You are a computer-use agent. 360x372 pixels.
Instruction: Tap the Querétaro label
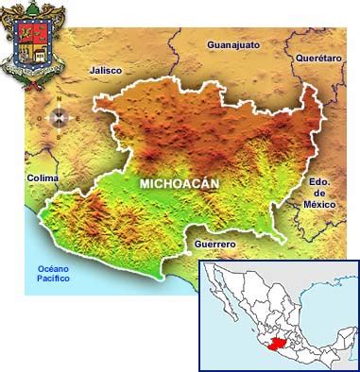318,58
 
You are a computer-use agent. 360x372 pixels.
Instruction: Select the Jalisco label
105,70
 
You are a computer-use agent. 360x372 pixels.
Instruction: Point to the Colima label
43,178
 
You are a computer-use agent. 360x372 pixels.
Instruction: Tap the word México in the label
320,203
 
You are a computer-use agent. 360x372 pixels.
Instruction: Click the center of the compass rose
58,118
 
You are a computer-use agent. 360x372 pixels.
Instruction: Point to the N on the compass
58,100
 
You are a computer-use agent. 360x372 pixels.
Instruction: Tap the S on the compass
58,136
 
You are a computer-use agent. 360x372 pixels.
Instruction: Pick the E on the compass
75,118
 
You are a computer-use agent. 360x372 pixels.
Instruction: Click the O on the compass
40,118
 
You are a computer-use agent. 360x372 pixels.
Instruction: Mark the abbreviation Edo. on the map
319,182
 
